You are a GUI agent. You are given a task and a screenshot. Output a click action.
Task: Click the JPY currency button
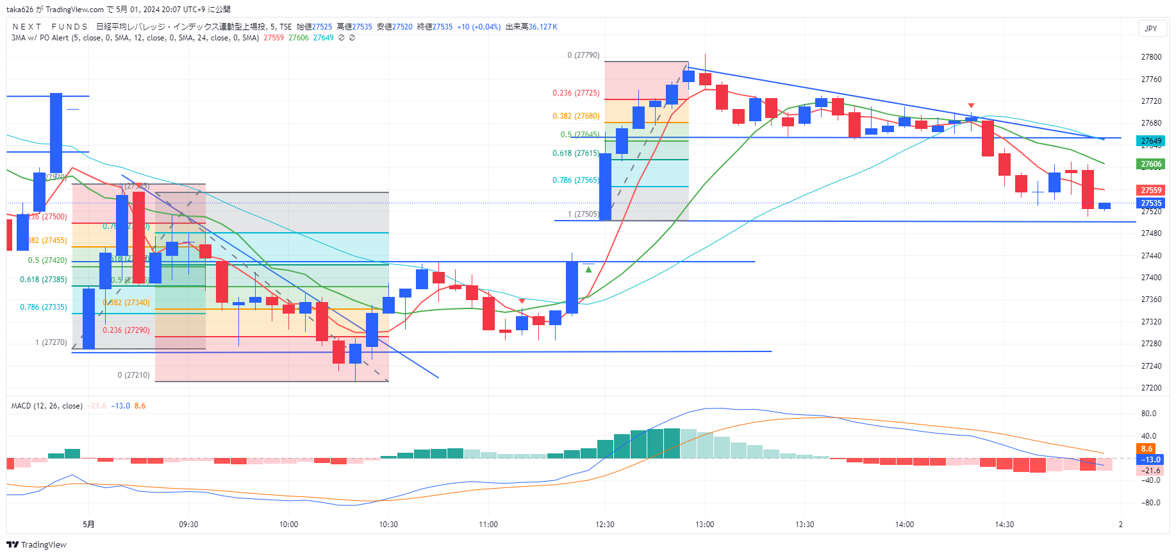click(x=1151, y=28)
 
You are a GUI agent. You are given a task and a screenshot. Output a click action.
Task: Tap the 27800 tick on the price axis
click(x=1151, y=57)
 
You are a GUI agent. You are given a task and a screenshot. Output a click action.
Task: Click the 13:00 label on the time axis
click(x=704, y=525)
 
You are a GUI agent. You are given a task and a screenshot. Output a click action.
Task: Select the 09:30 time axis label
click(x=188, y=525)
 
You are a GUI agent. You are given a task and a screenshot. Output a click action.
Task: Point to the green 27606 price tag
click(x=1151, y=164)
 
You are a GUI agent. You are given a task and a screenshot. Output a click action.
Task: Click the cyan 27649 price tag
click(x=1151, y=141)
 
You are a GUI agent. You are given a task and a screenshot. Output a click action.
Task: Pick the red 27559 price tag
click(x=1151, y=190)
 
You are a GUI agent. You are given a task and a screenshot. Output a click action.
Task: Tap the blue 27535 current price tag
click(x=1151, y=203)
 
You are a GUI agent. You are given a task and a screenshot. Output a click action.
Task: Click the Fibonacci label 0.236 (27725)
click(x=576, y=93)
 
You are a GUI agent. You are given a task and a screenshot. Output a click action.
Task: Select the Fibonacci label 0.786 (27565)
click(x=576, y=180)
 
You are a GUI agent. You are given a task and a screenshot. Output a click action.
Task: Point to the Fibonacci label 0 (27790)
click(x=583, y=55)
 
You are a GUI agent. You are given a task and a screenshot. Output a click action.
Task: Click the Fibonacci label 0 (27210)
click(x=133, y=375)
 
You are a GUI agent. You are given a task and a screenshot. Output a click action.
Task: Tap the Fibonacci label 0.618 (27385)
click(x=44, y=280)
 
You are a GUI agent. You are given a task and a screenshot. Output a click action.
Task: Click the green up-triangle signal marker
click(x=588, y=270)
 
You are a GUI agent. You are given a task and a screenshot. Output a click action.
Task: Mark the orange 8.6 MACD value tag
click(x=1146, y=449)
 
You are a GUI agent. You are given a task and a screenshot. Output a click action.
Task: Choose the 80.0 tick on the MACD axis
click(x=1148, y=414)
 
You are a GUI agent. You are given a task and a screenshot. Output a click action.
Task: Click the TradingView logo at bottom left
click(x=37, y=545)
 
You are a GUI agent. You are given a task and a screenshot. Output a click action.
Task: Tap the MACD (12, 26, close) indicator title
click(x=47, y=406)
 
